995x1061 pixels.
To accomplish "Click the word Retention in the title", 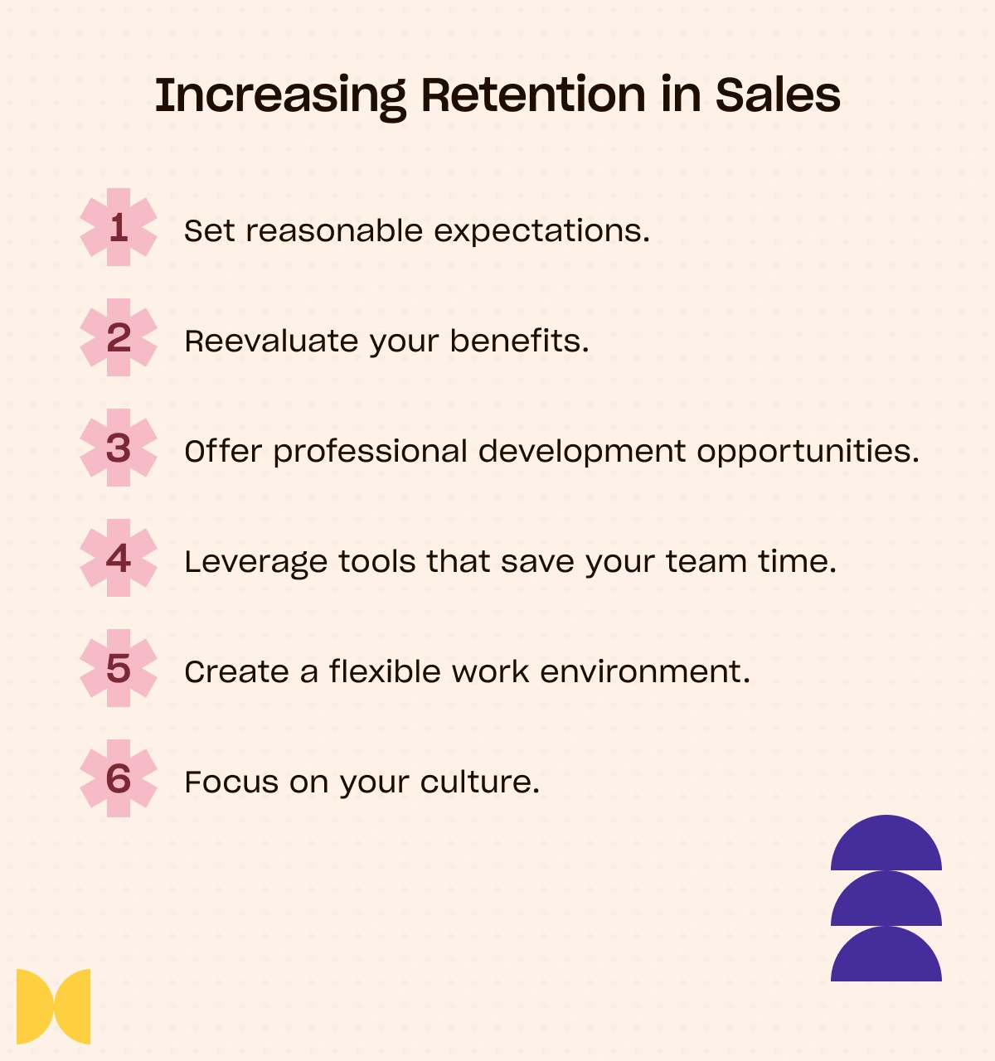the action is (534, 95).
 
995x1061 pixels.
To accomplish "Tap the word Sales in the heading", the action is (778, 95).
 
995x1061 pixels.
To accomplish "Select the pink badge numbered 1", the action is (119, 227).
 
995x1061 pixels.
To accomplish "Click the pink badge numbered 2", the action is (119, 337).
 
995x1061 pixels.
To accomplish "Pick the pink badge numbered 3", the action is (119, 448).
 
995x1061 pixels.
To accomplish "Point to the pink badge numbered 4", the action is (119, 558).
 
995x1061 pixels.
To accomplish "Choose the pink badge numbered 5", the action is (119, 668).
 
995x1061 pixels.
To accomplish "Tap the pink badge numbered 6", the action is (119, 778).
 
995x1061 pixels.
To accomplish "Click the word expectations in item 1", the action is (541, 232).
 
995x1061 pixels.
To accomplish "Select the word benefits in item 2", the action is (519, 341).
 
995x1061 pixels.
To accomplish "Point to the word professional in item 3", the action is (370, 453).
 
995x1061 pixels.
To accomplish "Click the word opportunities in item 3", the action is (808, 453).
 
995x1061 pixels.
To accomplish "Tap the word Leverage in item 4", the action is (255, 563).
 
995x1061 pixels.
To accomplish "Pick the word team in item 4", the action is (706, 561).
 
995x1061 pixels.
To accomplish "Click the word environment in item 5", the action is (645, 672).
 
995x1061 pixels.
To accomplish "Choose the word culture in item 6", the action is (479, 782).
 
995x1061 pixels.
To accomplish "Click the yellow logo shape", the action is (53, 1006).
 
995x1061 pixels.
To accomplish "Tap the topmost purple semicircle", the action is (886, 843).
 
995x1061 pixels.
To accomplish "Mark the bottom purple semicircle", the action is (886, 954).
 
